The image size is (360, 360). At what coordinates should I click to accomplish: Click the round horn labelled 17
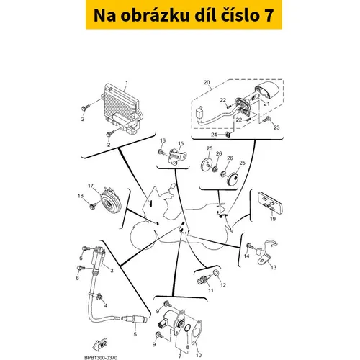click(110, 201)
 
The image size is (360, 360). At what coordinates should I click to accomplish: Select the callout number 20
click(207, 82)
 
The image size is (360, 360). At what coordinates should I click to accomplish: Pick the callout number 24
click(214, 135)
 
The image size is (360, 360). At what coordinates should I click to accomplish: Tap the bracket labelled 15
click(177, 156)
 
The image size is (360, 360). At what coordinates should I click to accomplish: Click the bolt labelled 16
click(162, 152)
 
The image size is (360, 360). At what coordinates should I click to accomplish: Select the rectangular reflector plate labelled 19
click(270, 203)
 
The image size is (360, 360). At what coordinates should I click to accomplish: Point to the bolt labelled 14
click(250, 246)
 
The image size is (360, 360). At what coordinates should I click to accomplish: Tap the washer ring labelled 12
click(216, 272)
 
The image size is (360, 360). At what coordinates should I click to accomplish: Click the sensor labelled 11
click(204, 279)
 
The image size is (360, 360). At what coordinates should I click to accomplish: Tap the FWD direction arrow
click(100, 344)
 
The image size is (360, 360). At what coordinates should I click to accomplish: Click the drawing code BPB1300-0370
click(101, 358)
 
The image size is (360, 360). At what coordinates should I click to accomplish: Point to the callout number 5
click(135, 334)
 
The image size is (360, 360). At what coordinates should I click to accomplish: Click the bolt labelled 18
click(92, 205)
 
